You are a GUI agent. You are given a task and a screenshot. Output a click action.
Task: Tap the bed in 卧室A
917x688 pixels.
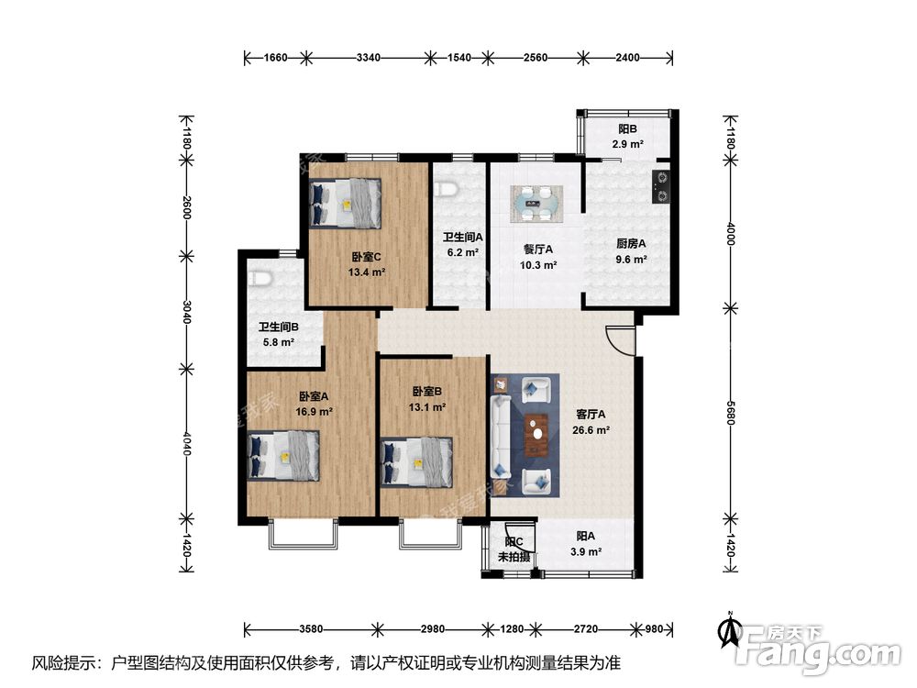tap(284, 455)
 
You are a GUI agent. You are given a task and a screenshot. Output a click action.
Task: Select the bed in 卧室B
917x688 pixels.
tap(417, 460)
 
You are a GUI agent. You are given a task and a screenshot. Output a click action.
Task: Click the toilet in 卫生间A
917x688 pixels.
tap(447, 188)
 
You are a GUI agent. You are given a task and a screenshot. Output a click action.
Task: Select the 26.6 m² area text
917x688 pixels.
tap(591, 429)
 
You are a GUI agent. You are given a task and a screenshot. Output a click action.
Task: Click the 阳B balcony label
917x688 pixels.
tap(627, 130)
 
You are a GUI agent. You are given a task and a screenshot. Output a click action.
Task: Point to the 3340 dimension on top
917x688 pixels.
tap(368, 58)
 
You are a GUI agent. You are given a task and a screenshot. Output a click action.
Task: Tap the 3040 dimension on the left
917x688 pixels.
tap(186, 312)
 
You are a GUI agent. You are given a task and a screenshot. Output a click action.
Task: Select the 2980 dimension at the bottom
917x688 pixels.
tap(432, 630)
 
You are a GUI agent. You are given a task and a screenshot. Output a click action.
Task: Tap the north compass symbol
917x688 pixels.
tap(730, 631)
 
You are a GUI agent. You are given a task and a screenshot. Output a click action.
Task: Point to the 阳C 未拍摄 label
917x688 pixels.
tap(513, 549)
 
